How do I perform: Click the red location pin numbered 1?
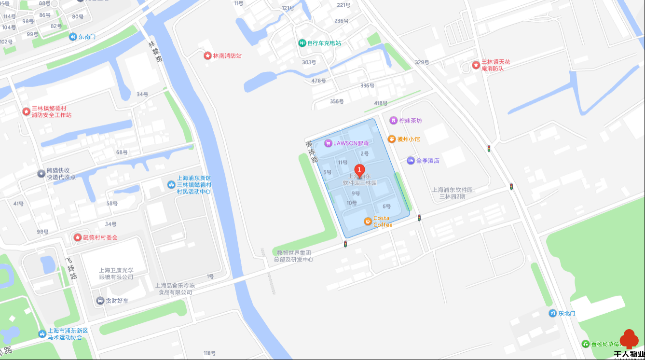[359, 170]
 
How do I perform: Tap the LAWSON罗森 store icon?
[328, 143]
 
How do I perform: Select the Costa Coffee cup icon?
[368, 221]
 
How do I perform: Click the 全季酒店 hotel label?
[427, 161]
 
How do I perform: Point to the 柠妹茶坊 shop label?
[410, 120]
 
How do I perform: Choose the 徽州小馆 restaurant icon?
[392, 139]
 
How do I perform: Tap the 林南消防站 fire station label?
[227, 56]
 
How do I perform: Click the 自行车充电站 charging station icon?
[302, 43]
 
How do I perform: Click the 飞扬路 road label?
[71, 269]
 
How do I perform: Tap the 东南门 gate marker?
[73, 37]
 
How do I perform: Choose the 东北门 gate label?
[567, 313]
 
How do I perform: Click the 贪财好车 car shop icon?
[100, 301]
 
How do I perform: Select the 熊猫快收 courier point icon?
[41, 174]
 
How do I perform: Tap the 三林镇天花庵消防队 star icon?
[476, 65]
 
